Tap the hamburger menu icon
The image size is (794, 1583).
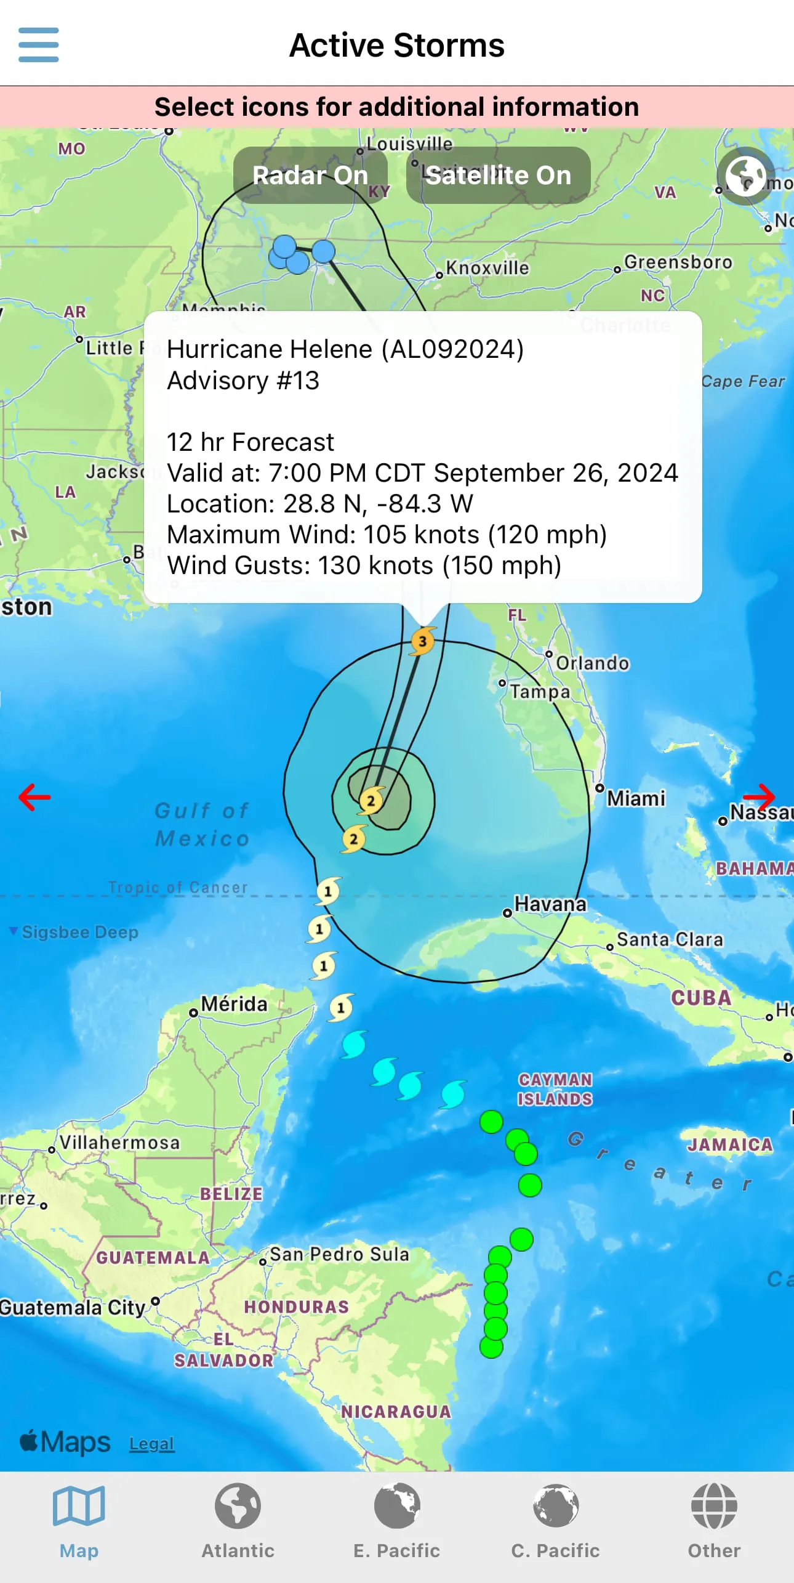coord(38,45)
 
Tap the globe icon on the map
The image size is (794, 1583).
coord(745,176)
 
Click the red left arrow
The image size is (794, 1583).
coord(34,797)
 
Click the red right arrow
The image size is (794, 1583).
coord(758,797)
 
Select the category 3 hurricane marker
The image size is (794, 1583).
coord(423,641)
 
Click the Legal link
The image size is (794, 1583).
coord(151,1444)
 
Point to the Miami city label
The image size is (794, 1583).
coord(636,799)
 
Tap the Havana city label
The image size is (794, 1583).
coord(550,904)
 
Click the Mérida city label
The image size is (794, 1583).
coord(234,1004)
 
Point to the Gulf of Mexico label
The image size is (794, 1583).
coord(202,824)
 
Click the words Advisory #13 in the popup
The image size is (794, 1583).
coord(243,381)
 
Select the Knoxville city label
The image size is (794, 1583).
coord(487,268)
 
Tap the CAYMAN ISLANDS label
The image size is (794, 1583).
coord(555,1089)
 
